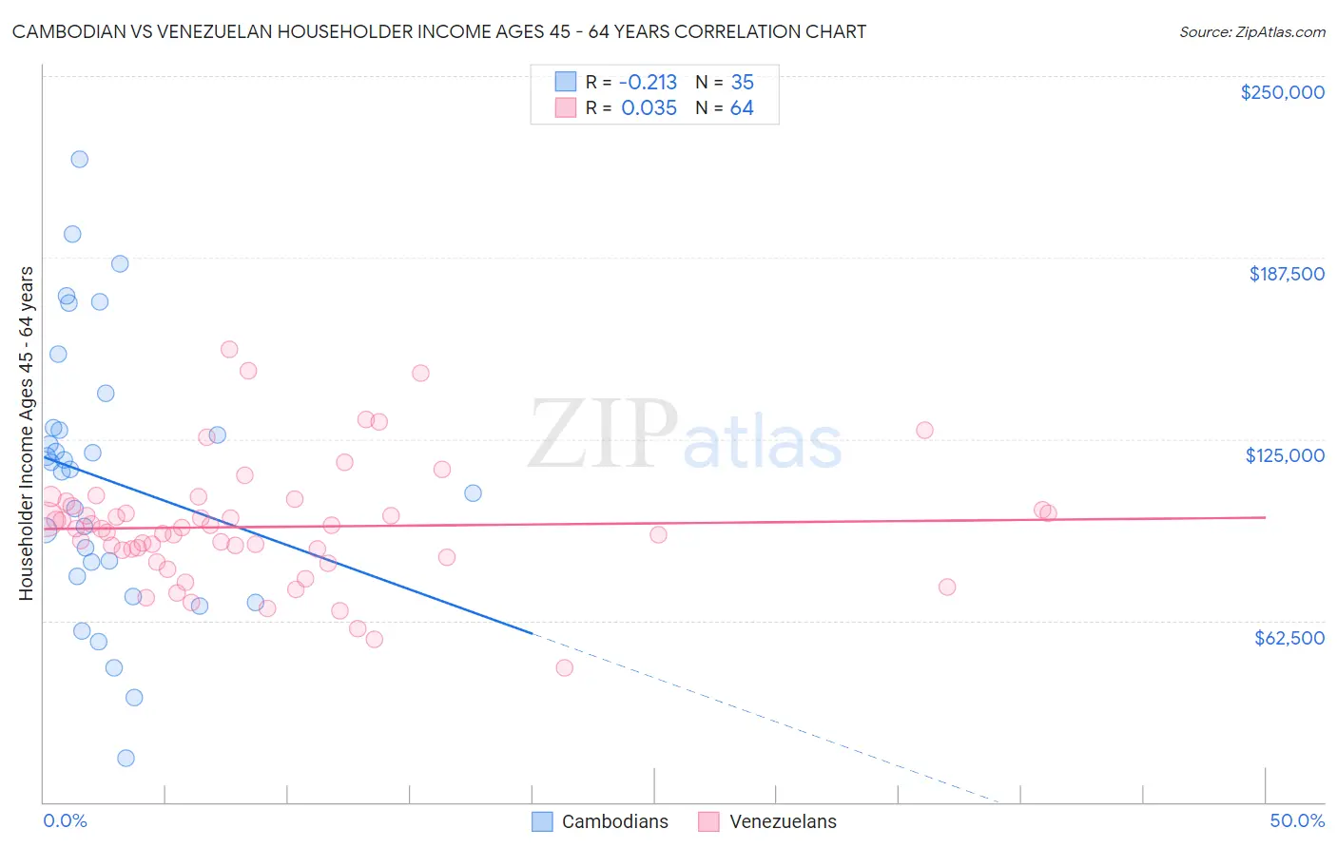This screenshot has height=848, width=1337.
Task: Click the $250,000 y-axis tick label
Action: [x=1282, y=92]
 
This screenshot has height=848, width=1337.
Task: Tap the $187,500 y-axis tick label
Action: [x=1286, y=274]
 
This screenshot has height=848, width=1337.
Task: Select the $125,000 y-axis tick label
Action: [x=1285, y=455]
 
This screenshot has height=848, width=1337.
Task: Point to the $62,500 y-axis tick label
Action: [x=1289, y=638]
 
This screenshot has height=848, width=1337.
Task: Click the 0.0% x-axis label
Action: [x=65, y=820]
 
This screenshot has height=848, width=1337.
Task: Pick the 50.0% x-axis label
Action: [x=1297, y=820]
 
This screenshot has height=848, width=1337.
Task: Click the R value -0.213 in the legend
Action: [x=649, y=82]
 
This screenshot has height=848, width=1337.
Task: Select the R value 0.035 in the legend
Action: [x=649, y=107]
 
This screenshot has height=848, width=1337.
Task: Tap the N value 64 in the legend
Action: [x=742, y=107]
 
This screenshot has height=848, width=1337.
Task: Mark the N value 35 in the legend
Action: [x=742, y=82]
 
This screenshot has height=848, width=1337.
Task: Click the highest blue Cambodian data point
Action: [x=80, y=159]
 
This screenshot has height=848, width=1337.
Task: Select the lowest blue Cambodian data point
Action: [x=126, y=758]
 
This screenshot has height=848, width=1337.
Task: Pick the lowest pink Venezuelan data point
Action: [x=564, y=667]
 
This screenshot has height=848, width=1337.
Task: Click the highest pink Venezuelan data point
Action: [x=229, y=349]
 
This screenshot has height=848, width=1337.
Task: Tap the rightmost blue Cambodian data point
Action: [x=473, y=492]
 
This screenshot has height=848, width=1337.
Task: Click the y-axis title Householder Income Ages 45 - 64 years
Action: [x=26, y=434]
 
